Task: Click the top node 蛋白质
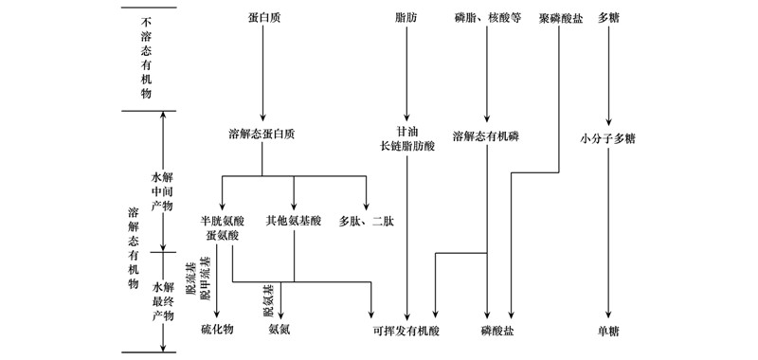pos(261,18)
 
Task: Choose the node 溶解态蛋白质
pos(262,135)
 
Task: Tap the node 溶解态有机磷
pos(486,135)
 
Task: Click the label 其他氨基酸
pos(295,221)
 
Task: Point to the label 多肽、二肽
pos(366,221)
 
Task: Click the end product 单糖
pos(608,331)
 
